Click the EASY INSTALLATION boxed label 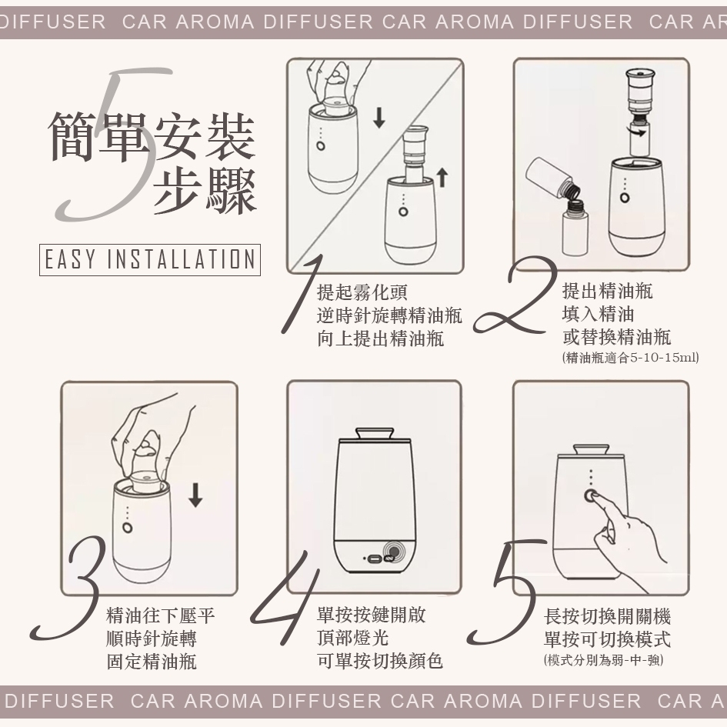point(150,260)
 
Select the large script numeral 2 point(515,297)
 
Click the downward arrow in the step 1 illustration point(379,118)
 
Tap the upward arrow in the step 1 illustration point(442,178)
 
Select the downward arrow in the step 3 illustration point(195,495)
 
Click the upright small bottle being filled point(575,228)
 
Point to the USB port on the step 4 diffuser point(373,559)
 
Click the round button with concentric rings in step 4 point(394,552)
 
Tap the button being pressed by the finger point(591,495)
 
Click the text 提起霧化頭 point(362,292)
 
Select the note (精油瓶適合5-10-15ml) point(630,358)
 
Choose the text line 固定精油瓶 point(152,662)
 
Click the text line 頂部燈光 point(352,638)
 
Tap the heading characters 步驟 point(205,192)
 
